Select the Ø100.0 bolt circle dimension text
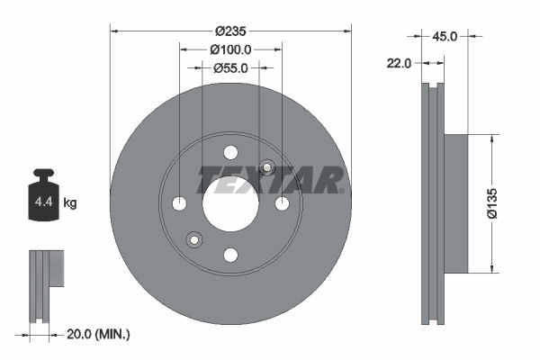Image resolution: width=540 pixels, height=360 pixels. tap(229, 51)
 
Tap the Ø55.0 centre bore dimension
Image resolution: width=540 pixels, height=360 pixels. tap(229, 67)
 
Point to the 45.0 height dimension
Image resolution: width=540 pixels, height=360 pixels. tap(447, 37)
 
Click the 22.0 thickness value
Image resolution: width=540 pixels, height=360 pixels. tap(400, 63)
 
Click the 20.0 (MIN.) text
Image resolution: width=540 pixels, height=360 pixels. tap(99, 334)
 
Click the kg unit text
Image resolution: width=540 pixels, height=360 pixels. tap(70, 203)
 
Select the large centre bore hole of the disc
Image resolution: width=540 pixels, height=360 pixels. tap(230, 203)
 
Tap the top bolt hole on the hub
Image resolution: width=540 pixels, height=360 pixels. tap(230, 152)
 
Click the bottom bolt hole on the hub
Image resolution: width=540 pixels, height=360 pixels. tap(230, 255)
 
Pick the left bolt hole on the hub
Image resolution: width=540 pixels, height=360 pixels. tap(179, 203)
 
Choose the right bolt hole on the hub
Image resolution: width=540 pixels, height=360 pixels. tap(282, 203)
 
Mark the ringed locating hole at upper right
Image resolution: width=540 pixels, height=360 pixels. tap(266, 167)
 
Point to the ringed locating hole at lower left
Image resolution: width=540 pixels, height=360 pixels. tap(193, 239)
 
